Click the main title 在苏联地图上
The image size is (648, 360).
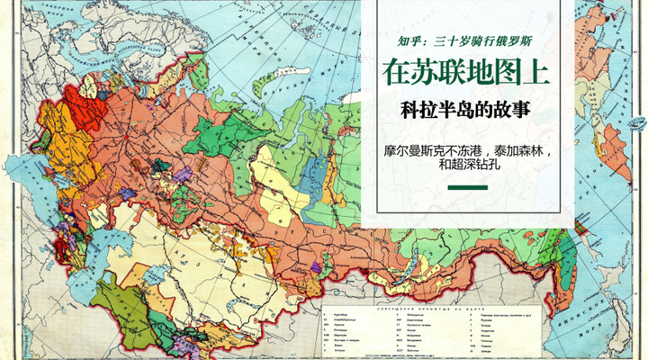(465, 71)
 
